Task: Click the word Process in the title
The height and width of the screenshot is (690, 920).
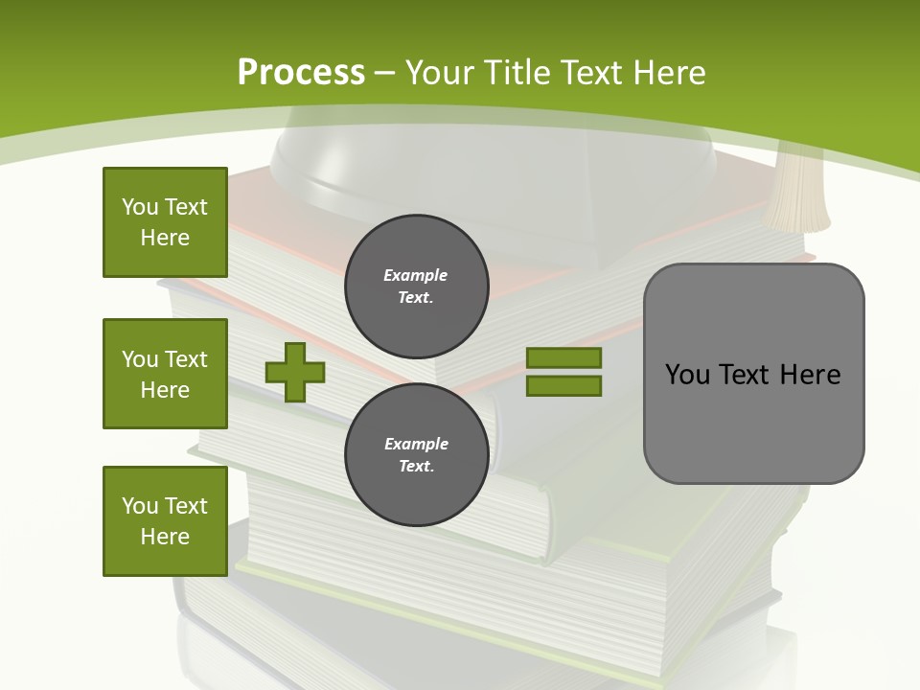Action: pyautogui.click(x=301, y=72)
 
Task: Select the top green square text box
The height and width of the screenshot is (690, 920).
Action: pyautogui.click(x=165, y=222)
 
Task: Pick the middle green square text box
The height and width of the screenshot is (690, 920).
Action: pyautogui.click(x=165, y=374)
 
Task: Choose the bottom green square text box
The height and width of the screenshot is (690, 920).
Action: pyautogui.click(x=165, y=521)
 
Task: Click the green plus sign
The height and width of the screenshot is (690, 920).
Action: pyautogui.click(x=295, y=372)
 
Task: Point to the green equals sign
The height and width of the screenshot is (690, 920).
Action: pyautogui.click(x=563, y=372)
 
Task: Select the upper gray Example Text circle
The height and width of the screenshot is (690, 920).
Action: pyautogui.click(x=416, y=286)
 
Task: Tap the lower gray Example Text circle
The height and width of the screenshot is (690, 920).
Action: pyautogui.click(x=416, y=454)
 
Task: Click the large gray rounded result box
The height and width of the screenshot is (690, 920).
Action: pyautogui.click(x=753, y=374)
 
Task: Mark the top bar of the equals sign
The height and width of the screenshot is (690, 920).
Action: pyautogui.click(x=563, y=357)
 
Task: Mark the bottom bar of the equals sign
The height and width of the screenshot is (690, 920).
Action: pyautogui.click(x=563, y=386)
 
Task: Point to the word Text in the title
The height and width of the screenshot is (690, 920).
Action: pyautogui.click(x=590, y=72)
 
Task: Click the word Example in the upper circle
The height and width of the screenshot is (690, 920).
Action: pyautogui.click(x=416, y=275)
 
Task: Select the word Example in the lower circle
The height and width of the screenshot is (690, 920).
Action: pyautogui.click(x=416, y=444)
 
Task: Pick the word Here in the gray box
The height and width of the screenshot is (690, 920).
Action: pyautogui.click(x=810, y=374)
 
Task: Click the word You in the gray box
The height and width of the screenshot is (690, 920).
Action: pyautogui.click(x=687, y=374)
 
